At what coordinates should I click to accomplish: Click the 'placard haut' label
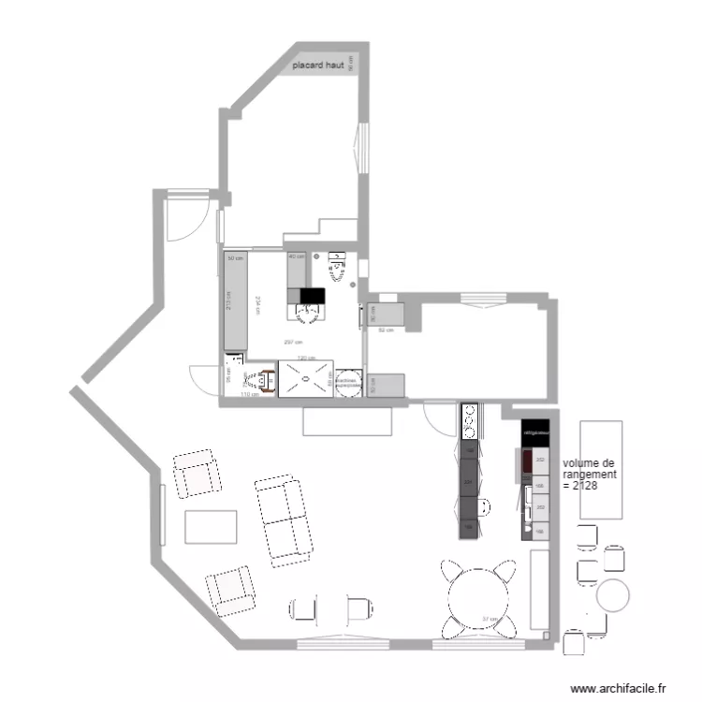pyautogui.click(x=318, y=66)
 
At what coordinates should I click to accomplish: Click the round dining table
pyautogui.click(x=480, y=599)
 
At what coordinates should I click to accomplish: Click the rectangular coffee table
pyautogui.click(x=212, y=526)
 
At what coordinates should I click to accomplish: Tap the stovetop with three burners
pyautogui.click(x=469, y=421)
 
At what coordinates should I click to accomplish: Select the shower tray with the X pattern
pyautogui.click(x=306, y=380)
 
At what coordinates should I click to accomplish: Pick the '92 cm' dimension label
pyautogui.click(x=385, y=330)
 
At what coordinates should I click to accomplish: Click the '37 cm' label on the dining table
pyautogui.click(x=490, y=619)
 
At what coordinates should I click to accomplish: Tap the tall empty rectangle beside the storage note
pyautogui.click(x=601, y=470)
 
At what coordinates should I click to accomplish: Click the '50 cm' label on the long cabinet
pyautogui.click(x=235, y=257)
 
